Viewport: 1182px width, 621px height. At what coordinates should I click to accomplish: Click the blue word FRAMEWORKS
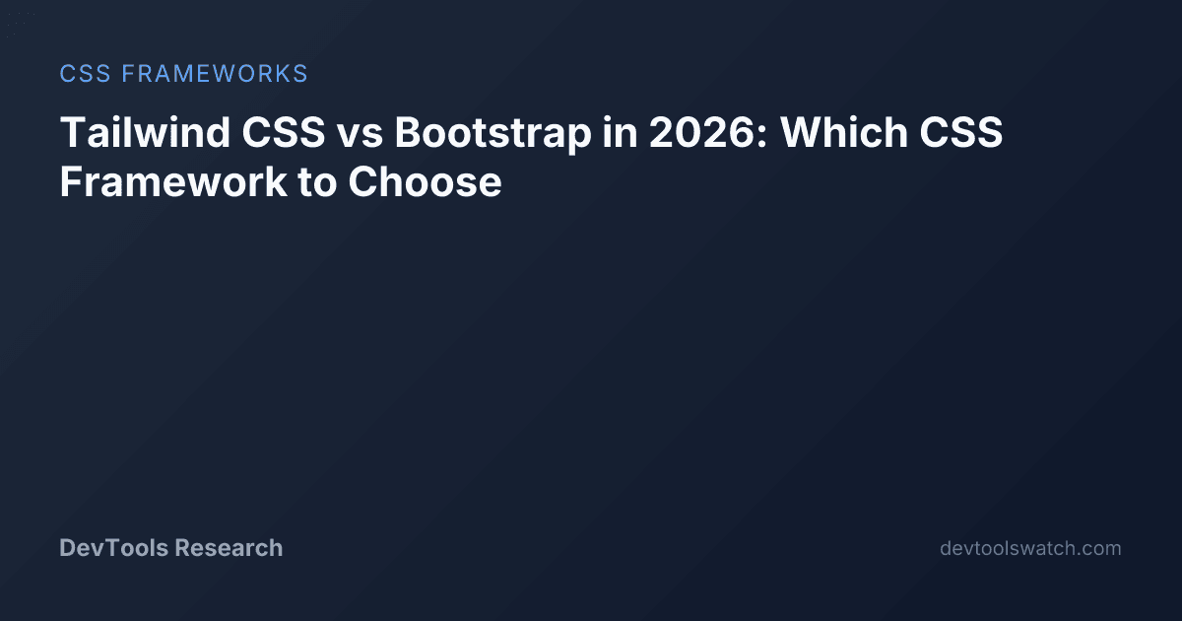215,73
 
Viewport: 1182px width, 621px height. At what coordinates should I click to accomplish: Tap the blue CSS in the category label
85,73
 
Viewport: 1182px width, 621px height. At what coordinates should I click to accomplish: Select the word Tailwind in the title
145,131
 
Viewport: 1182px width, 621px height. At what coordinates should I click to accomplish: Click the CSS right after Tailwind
284,132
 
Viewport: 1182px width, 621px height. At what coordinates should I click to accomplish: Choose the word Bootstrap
492,134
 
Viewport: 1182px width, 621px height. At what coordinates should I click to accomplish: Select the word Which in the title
844,131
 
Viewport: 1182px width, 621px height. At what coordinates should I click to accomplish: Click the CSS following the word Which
961,132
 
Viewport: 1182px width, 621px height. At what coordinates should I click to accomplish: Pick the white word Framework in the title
173,181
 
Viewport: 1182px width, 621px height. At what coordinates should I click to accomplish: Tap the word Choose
425,181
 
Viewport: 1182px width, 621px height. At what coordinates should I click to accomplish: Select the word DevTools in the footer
113,548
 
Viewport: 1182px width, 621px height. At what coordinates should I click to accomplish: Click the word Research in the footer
229,548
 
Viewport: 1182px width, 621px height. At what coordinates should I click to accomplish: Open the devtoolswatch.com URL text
1030,548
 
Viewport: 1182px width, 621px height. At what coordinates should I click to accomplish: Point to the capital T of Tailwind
73,132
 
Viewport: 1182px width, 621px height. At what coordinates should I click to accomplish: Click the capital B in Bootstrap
410,132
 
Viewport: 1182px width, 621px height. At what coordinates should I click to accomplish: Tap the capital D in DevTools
68,548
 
